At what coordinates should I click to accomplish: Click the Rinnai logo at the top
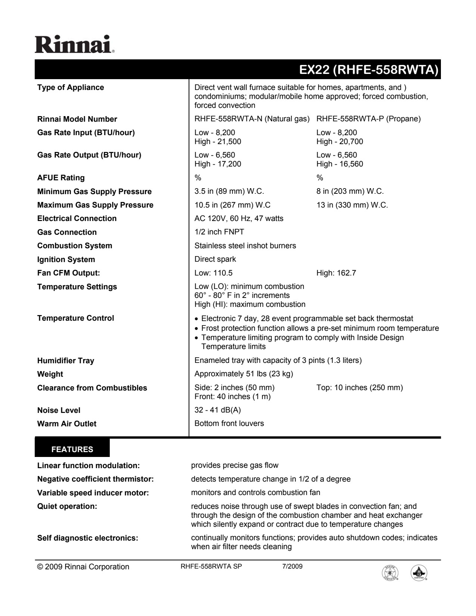75,44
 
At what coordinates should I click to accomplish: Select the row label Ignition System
66,259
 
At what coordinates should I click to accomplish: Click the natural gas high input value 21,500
218,141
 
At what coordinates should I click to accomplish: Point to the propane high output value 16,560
339,164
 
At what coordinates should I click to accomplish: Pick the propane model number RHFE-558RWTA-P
368,119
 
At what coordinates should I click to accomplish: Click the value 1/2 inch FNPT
219,232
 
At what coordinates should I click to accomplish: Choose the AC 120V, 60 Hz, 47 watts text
239,218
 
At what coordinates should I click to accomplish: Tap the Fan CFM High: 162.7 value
336,273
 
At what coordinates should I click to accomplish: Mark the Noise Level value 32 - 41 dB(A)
218,410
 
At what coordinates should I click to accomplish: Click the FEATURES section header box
72,449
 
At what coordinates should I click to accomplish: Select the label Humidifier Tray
66,361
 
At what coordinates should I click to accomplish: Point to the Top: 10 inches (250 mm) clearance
360,388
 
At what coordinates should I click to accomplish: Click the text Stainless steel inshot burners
245,246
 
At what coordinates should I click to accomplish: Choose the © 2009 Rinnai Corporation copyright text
83,567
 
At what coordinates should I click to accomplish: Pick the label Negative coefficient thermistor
96,479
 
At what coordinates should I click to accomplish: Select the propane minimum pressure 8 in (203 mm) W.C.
350,192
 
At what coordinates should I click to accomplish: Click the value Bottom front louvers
229,423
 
